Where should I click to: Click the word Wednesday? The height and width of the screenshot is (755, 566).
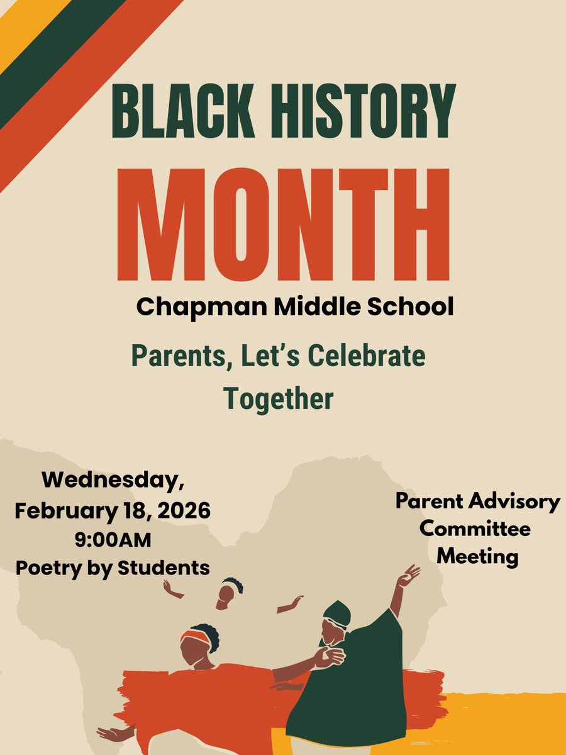click(113, 482)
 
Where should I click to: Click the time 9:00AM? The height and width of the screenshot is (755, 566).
click(113, 539)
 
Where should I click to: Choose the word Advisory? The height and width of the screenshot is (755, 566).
click(517, 501)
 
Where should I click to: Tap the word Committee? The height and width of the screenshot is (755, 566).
click(475, 528)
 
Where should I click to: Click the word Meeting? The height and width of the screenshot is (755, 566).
click(478, 556)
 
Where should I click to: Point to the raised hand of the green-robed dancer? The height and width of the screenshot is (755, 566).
click(410, 574)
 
